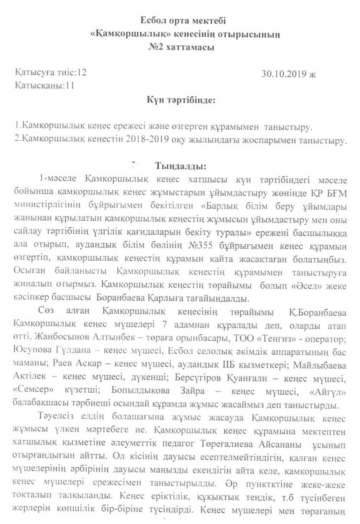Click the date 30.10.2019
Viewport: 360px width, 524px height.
point(284,74)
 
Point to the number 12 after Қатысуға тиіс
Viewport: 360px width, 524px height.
point(81,72)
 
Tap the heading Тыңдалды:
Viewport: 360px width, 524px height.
point(180,165)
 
